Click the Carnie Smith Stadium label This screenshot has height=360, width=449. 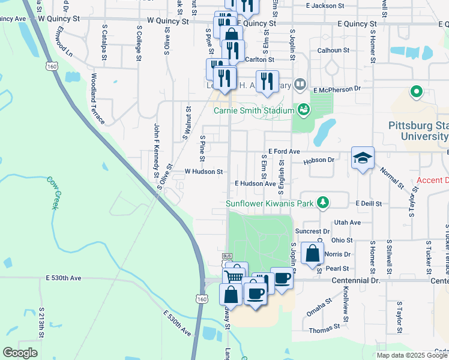[x=254, y=110]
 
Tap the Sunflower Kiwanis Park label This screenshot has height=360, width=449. [x=270, y=203]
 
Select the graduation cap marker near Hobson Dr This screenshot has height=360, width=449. [x=363, y=158]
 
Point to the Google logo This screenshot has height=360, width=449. [x=20, y=353]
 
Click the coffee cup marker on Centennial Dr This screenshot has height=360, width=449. [x=282, y=278]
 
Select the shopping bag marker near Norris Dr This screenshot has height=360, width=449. [x=312, y=253]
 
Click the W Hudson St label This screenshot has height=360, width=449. [x=203, y=171]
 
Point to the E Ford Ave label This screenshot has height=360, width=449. [x=284, y=152]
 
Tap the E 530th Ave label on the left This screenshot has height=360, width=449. [x=63, y=278]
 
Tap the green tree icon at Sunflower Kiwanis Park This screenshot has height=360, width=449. [x=323, y=202]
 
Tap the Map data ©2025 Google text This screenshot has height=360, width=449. [x=412, y=355]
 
